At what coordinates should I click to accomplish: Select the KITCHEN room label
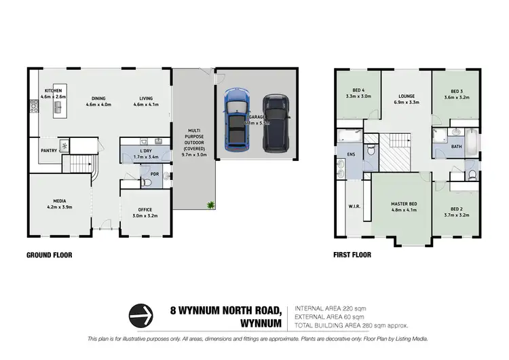pos(54,90)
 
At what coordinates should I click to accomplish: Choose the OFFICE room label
pos(143,209)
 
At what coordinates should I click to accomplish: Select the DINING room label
pos(98,97)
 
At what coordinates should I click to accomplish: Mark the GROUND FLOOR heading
pos(49,255)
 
